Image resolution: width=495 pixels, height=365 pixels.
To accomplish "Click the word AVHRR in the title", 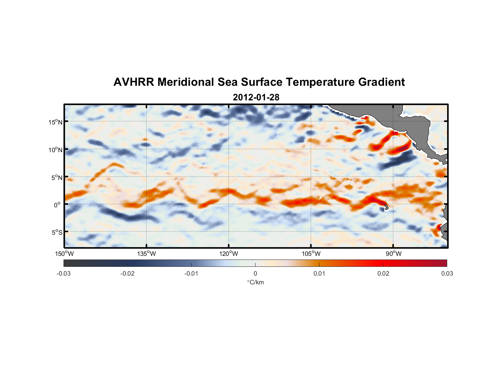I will pos(134,82).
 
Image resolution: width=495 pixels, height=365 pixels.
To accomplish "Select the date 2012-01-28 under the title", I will pos(256,97).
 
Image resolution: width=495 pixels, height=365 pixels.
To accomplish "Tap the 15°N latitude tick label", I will pos(55,122).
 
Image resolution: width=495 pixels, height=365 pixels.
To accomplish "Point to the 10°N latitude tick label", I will pos(55,150).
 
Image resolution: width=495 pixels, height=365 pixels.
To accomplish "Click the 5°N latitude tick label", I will pos(57,177).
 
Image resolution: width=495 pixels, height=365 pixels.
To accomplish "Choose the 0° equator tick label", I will pos(57,205).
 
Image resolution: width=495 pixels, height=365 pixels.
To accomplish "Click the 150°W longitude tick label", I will pos(64,254).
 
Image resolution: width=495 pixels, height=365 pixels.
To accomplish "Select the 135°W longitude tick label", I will pos(146,254).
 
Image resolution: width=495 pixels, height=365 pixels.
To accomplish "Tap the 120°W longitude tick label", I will pos(229,254).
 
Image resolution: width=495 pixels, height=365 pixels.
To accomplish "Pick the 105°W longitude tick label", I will pos(311,254).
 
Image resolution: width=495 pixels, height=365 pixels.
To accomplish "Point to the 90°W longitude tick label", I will pos(394,254).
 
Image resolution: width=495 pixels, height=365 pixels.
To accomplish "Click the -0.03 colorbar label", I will pos(64,273).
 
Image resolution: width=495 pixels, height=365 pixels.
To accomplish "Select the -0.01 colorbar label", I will pos(191,273).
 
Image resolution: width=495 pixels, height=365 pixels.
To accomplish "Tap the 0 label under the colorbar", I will pos(255,273).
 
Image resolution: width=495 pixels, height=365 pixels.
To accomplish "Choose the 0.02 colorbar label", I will pos(383,273).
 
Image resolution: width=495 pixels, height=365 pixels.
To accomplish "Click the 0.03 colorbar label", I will pos(447,273).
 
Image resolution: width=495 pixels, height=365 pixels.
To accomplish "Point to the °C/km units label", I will pos(255,282).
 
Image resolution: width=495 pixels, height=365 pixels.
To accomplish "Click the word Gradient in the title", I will pos(381,82).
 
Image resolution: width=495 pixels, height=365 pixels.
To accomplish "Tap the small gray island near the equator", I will pos(385,207).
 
